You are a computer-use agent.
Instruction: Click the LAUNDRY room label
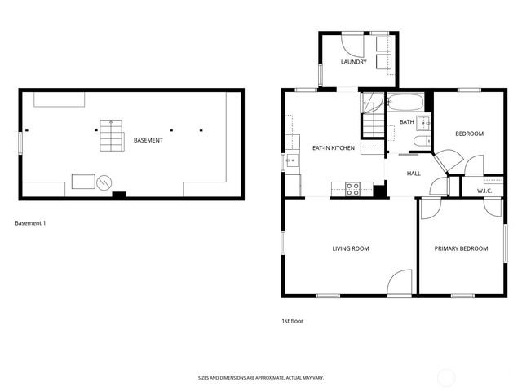(x=353, y=62)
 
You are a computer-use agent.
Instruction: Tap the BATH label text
(x=406, y=122)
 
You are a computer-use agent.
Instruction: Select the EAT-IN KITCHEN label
(x=333, y=148)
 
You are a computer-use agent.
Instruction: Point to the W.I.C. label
(x=484, y=191)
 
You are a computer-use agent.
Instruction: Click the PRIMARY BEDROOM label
(x=461, y=248)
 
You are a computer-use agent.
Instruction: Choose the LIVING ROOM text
(x=351, y=248)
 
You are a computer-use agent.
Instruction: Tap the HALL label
(x=414, y=174)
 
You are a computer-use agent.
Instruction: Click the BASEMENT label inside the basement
(x=148, y=140)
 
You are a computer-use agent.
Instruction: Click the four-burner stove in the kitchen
(x=353, y=189)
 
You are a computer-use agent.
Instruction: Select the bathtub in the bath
(x=404, y=103)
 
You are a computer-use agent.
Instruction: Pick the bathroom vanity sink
(x=424, y=124)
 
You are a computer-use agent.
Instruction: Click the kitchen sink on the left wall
(x=292, y=162)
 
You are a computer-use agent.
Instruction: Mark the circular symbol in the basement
(x=104, y=182)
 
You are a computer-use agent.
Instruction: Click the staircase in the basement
(x=111, y=135)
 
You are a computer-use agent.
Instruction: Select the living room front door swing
(x=400, y=283)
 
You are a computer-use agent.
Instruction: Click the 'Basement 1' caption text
(x=31, y=222)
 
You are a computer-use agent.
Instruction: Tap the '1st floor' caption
(x=292, y=321)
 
